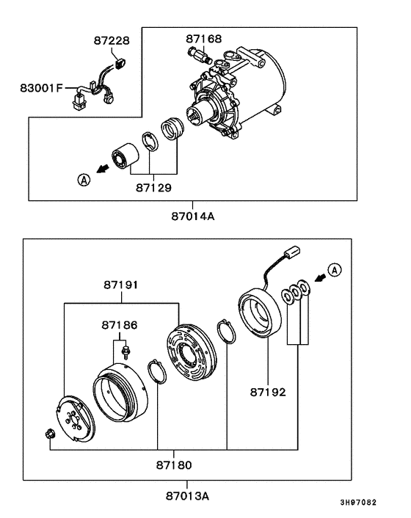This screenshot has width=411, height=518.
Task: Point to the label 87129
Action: pos(153,188)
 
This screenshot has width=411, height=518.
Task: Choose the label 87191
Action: pos(121,285)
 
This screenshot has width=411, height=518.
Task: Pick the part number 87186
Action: pos(120,324)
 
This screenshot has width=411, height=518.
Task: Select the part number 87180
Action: pos(173,464)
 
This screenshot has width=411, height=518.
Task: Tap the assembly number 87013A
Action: pos(186,496)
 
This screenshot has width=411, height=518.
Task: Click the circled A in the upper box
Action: pos(84,179)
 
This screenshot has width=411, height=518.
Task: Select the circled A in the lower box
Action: pos(335,271)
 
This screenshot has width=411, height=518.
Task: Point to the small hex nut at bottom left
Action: pos(48,435)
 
